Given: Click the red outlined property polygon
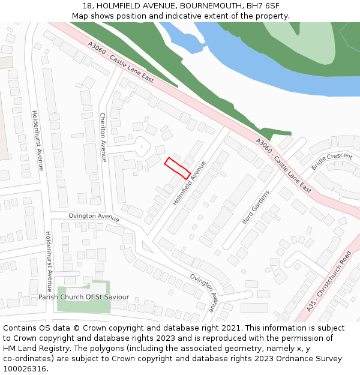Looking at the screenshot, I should [x=178, y=167].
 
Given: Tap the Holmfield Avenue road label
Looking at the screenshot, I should [x=189, y=183].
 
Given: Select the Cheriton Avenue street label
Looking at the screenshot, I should [x=103, y=133].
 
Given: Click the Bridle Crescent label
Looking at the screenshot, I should [x=331, y=161].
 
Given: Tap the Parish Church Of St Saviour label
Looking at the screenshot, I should [x=83, y=297].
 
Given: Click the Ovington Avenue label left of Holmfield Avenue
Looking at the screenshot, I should [x=94, y=216].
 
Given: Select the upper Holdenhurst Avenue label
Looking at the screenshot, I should [x=37, y=140].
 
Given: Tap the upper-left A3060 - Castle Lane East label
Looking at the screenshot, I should [x=121, y=62].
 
